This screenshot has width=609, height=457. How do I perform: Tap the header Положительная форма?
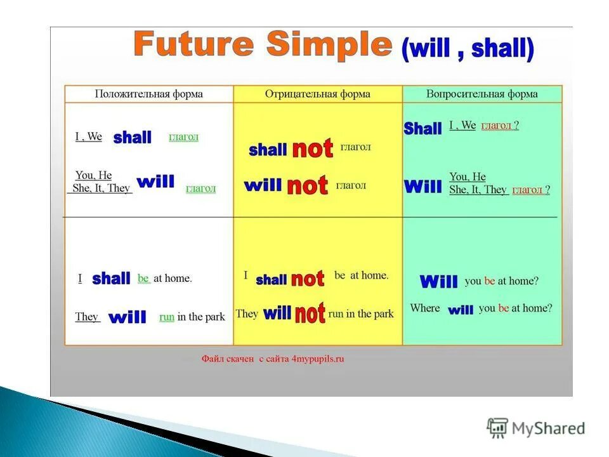(x=148, y=94)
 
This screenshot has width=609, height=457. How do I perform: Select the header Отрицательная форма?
(x=317, y=94)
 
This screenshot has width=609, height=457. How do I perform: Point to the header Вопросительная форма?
(x=482, y=94)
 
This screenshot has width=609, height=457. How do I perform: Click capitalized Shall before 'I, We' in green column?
(x=422, y=128)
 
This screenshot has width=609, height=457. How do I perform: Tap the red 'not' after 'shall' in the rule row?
(x=313, y=148)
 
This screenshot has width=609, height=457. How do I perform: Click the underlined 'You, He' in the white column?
(x=94, y=175)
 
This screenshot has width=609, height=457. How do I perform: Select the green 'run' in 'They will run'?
(x=167, y=317)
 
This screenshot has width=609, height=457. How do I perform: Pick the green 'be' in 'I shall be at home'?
(x=144, y=278)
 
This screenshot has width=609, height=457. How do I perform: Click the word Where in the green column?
(x=425, y=308)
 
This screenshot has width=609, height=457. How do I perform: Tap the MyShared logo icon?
(x=497, y=428)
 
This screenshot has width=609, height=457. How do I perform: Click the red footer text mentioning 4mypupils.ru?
(x=273, y=359)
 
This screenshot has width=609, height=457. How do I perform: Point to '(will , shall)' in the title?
(x=468, y=49)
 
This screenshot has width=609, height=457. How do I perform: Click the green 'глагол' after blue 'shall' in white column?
(x=184, y=137)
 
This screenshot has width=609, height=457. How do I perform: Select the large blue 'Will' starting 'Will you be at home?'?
(x=438, y=281)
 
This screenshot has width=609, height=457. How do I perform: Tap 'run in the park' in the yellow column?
(x=361, y=314)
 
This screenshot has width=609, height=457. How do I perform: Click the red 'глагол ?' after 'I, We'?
(x=500, y=126)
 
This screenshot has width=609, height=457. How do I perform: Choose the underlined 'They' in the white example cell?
(x=87, y=317)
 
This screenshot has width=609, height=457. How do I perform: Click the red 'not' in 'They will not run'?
(x=310, y=313)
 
